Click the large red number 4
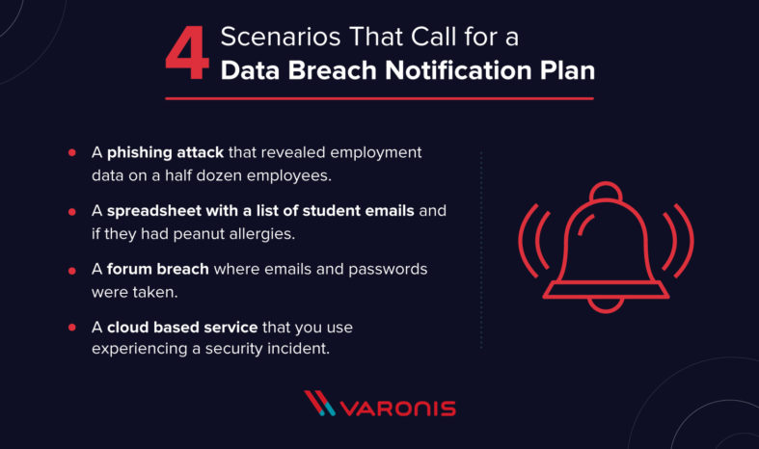187,56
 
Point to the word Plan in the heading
564,71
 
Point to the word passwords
386,269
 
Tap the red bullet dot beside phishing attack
72,153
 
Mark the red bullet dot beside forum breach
72,269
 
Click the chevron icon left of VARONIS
319,404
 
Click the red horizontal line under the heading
379,98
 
